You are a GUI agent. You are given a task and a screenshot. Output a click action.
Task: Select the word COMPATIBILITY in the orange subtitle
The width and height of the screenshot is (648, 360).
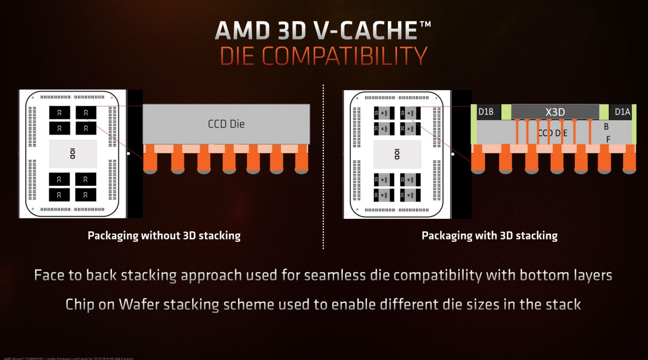[x=346, y=56]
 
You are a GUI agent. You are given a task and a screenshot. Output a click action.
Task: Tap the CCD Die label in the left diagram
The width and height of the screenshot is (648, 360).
[x=226, y=124]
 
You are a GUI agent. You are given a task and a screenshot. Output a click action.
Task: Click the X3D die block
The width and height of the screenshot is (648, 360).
[x=555, y=112]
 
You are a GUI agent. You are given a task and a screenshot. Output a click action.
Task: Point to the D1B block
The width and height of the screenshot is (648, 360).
[x=486, y=112]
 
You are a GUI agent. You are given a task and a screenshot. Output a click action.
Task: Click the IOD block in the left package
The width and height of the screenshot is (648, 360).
[x=72, y=153]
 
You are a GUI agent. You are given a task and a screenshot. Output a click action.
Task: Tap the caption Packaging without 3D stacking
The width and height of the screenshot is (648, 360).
[x=164, y=236]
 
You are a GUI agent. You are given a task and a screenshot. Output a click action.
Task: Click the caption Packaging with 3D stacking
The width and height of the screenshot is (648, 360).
[x=490, y=236]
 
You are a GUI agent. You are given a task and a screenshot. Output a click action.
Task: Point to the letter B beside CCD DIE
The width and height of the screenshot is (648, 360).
[x=606, y=127]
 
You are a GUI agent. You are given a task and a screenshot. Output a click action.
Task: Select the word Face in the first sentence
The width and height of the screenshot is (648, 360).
[x=52, y=275]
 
